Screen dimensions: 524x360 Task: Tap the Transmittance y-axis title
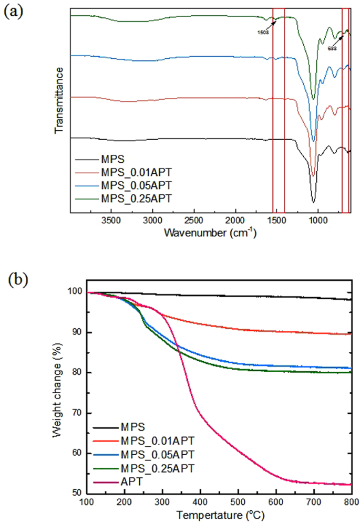coord(59,99)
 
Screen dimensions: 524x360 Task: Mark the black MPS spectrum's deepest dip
coord(313,202)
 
